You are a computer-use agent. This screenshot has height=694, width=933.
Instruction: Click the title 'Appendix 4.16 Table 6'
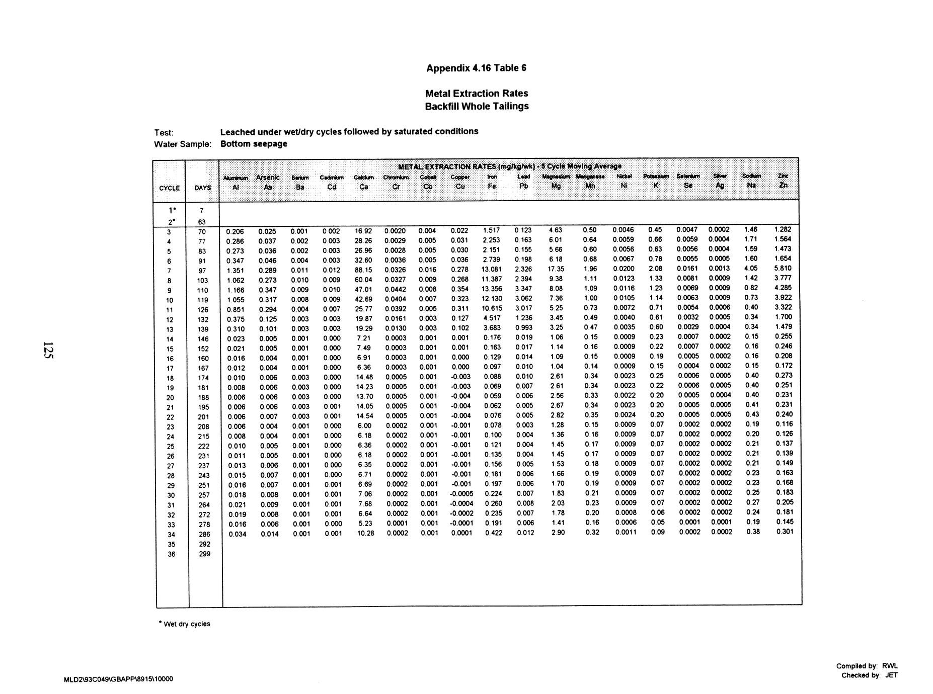pyautogui.click(x=476, y=68)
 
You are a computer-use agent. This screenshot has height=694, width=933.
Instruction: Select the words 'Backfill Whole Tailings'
pyautogui.click(x=477, y=106)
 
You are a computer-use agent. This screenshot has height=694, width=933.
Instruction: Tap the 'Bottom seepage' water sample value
pyautogui.click(x=254, y=144)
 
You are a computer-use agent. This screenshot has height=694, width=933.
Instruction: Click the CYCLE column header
pyautogui.click(x=170, y=188)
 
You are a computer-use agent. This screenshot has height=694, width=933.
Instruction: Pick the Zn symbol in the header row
pyautogui.click(x=783, y=185)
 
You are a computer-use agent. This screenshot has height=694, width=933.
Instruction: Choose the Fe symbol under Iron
pyautogui.click(x=492, y=186)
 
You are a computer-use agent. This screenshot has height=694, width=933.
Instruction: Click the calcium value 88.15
pyautogui.click(x=363, y=270)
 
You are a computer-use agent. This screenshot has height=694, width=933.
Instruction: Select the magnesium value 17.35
pyautogui.click(x=556, y=269)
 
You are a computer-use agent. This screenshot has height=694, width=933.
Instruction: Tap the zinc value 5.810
pyautogui.click(x=783, y=269)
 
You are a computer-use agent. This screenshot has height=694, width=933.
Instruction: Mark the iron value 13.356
pyautogui.click(x=491, y=289)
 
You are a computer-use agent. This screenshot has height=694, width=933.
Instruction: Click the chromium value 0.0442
pyautogui.click(x=396, y=289)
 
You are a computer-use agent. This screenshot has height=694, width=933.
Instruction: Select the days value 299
pyautogui.click(x=204, y=554)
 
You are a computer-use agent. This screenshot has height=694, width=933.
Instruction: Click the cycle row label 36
pyautogui.click(x=172, y=554)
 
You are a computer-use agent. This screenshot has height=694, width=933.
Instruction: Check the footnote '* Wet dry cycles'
pyautogui.click(x=184, y=624)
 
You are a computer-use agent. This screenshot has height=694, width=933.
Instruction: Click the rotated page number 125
pyautogui.click(x=48, y=350)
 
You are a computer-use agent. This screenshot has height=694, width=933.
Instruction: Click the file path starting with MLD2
pyautogui.click(x=118, y=679)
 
